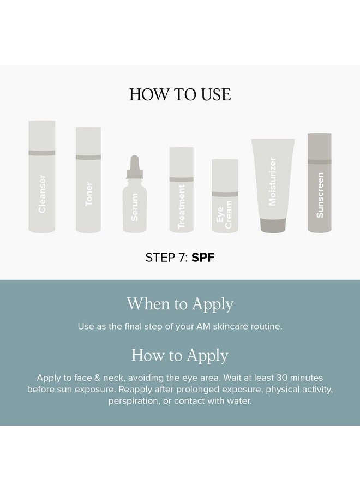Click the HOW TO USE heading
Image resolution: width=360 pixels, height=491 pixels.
pos(180,94)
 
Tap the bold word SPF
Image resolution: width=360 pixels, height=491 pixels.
pos(203,258)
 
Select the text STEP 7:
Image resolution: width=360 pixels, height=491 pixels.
pos(166,258)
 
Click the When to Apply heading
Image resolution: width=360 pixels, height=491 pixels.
pos(180,304)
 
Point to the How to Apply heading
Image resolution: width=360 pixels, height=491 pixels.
pos(180,355)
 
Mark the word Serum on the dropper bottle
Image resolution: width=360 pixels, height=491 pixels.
pos(135,207)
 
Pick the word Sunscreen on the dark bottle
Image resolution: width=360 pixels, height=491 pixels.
pos(320,195)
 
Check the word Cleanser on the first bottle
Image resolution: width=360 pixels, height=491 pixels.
pos(42,194)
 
